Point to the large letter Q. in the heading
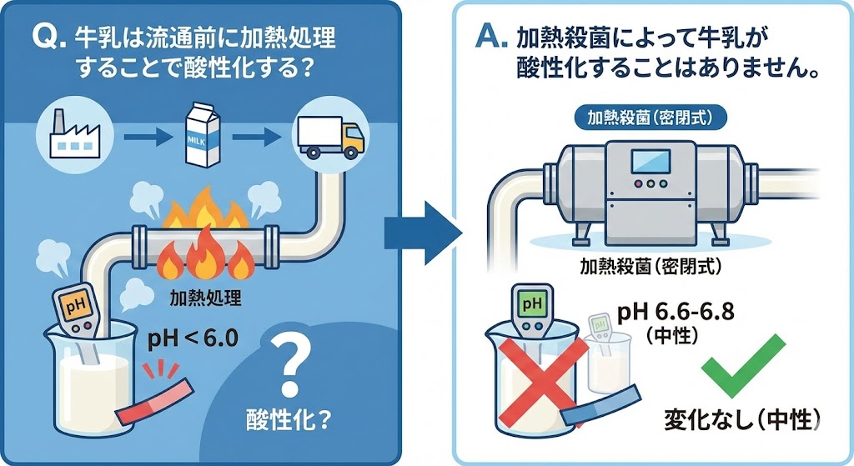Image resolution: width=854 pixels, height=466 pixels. (x=43, y=38)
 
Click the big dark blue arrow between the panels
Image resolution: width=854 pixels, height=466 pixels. (x=422, y=224)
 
